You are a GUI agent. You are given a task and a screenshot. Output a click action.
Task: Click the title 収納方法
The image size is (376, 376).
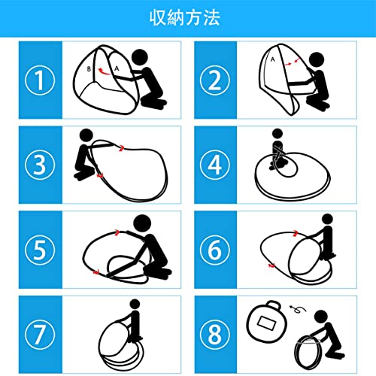[185, 17]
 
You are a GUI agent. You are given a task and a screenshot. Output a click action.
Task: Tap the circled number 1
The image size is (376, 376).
[40, 80]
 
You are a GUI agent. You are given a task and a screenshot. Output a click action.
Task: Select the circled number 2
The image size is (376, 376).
[215, 80]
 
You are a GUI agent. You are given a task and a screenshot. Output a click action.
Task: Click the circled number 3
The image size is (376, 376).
[40, 165]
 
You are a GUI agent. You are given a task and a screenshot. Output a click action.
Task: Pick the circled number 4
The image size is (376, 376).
[215, 165]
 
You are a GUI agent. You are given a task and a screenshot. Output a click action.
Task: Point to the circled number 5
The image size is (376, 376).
[40, 250]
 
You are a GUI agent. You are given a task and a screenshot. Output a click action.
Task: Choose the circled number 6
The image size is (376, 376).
[215, 250]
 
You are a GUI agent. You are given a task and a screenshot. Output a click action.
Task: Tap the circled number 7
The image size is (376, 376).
[40, 335]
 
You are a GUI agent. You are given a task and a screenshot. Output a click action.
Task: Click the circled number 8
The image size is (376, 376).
[215, 335]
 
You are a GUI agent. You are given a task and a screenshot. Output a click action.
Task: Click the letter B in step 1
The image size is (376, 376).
[89, 69]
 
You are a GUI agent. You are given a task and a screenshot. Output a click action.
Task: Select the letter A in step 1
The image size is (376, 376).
[117, 68]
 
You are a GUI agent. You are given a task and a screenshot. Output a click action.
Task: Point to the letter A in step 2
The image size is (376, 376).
[273, 59]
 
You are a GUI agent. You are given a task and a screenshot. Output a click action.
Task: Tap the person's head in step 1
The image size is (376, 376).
[140, 57]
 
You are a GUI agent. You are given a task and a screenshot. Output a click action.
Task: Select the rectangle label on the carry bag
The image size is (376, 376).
[267, 323]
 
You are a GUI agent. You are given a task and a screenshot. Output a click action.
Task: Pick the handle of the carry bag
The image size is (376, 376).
[273, 305]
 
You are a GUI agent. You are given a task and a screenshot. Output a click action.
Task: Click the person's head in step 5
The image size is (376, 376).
[142, 223]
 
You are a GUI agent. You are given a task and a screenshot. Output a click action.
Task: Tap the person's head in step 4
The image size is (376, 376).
[277, 134]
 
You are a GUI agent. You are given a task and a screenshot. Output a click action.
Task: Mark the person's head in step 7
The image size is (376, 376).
[135, 305]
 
